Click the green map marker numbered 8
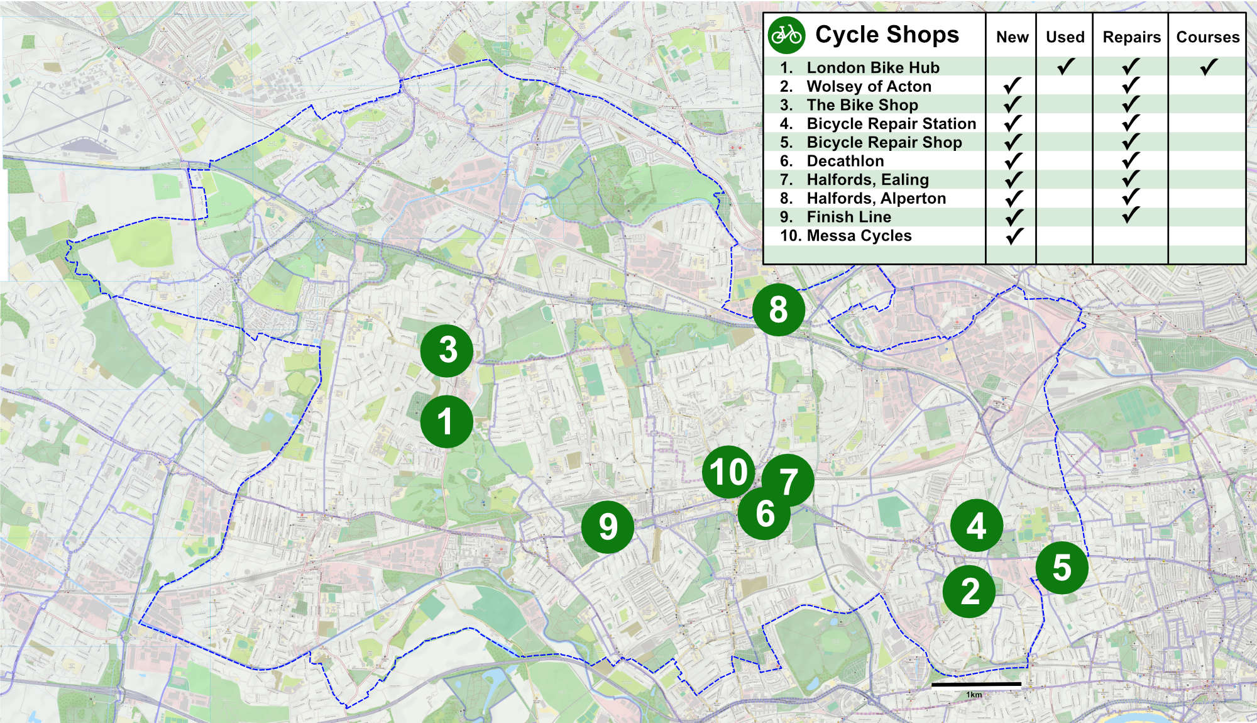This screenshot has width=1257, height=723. pyautogui.click(x=778, y=309)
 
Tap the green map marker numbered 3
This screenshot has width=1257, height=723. pyautogui.click(x=447, y=350)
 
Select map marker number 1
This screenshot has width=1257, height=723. pyautogui.click(x=446, y=421)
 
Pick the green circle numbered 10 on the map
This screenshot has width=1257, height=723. pyautogui.click(x=728, y=472)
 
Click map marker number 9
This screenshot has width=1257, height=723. pyautogui.click(x=607, y=527)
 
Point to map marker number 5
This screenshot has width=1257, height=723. pyautogui.click(x=1062, y=568)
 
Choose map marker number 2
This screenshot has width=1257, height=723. pyautogui.click(x=969, y=591)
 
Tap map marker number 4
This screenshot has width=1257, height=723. pyautogui.click(x=976, y=526)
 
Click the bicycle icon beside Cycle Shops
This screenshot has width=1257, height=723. pyautogui.click(x=786, y=35)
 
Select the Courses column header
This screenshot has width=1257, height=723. pyautogui.click(x=1207, y=37)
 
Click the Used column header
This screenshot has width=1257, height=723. pyautogui.click(x=1065, y=37)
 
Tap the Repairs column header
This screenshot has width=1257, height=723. pyautogui.click(x=1131, y=37)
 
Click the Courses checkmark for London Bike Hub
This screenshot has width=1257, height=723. pyautogui.click(x=1208, y=67)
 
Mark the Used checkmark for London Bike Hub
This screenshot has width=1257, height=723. pyautogui.click(x=1065, y=66)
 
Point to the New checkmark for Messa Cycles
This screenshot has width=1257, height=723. pyautogui.click(x=1013, y=236)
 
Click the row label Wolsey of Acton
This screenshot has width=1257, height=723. pyautogui.click(x=869, y=86)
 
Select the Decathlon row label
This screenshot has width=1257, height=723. pyautogui.click(x=845, y=161)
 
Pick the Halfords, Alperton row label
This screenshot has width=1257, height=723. pyautogui.click(x=876, y=199)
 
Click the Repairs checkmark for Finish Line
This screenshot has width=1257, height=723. pyautogui.click(x=1131, y=216)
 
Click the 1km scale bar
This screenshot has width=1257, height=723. pyautogui.click(x=976, y=684)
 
